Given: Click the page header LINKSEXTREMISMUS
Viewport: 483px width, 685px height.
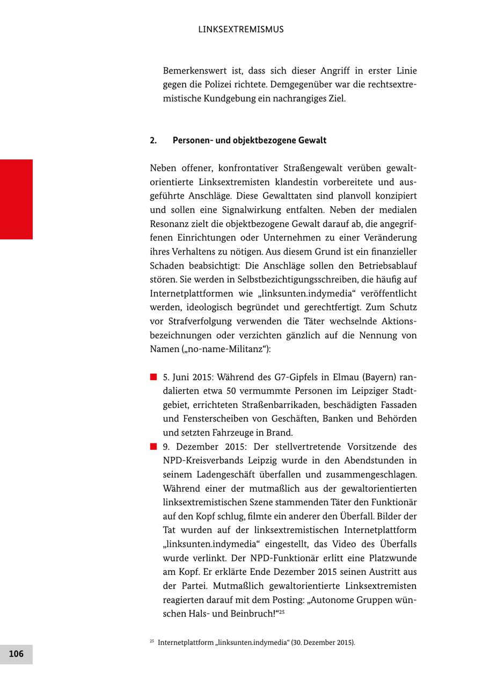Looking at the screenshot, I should coord(240,30).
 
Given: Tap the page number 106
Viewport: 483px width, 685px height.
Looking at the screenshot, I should coord(16,654).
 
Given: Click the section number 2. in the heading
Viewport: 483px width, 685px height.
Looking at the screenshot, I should coord(153,141).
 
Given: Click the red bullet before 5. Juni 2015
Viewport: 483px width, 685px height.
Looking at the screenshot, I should coord(153,377).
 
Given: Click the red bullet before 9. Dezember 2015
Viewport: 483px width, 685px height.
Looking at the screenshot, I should coord(153,447).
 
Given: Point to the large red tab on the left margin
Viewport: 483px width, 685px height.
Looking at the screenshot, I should coord(16,199).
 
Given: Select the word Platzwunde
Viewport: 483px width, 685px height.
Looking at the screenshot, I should coord(393,558).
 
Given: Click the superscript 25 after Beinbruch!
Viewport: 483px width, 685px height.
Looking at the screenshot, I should coord(281,611).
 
